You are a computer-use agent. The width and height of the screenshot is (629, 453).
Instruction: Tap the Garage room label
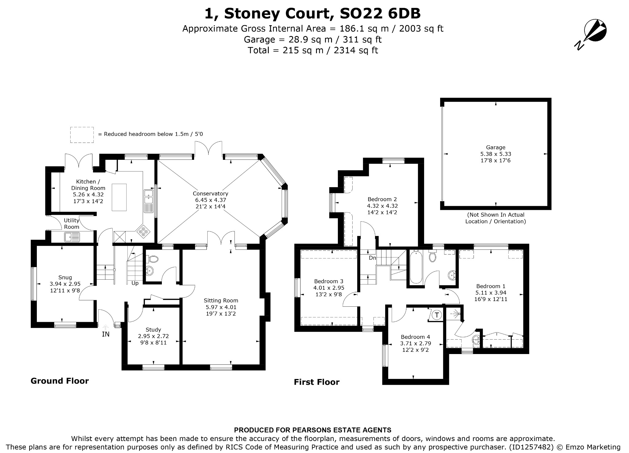[x=495, y=147]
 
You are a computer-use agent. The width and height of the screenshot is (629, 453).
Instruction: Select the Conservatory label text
[x=210, y=194]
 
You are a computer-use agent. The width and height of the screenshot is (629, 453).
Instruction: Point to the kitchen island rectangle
[x=119, y=197]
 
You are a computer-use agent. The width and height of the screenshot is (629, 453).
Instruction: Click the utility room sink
[x=72, y=237]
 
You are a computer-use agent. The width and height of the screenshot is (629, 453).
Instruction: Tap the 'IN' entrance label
[x=106, y=334]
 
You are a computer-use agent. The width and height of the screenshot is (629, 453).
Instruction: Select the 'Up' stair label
[x=135, y=283]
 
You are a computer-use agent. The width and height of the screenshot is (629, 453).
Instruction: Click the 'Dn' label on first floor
[x=372, y=258]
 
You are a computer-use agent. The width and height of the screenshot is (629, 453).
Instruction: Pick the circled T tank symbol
[x=437, y=315]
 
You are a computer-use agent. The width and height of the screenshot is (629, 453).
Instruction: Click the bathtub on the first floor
[x=416, y=267]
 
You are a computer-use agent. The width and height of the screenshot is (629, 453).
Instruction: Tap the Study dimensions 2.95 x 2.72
[x=154, y=336]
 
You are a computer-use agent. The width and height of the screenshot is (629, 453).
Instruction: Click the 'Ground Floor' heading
[x=60, y=381]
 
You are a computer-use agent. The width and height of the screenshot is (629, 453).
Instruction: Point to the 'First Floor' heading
[x=317, y=382]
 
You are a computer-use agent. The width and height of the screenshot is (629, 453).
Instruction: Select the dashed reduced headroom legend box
[x=82, y=135]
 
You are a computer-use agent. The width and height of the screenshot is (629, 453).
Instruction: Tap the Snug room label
[x=65, y=278]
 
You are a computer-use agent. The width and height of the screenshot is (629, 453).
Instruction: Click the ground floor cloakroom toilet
[x=152, y=259]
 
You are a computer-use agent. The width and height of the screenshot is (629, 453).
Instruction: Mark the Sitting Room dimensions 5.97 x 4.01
[x=221, y=307]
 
